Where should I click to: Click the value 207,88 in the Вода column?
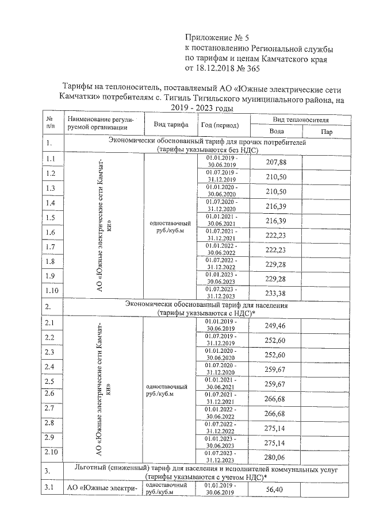point(277,162)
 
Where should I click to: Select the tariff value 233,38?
point(277,292)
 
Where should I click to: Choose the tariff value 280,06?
point(277,457)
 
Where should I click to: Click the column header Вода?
point(277,131)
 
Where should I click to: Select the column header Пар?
point(327,132)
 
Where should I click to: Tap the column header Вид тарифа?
point(170,125)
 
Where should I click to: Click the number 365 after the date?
point(252,68)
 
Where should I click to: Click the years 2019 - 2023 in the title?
point(200,108)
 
